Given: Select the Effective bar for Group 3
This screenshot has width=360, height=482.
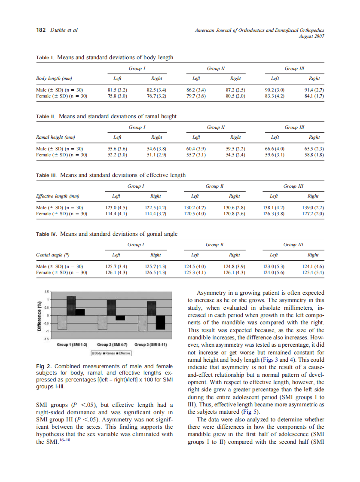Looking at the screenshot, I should pyautogui.click(x=160, y=323).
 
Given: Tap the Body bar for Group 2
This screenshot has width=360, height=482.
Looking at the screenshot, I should pyautogui.click(x=102, y=322).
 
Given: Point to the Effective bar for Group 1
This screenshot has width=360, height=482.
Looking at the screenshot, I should pyautogui.click(x=80, y=312).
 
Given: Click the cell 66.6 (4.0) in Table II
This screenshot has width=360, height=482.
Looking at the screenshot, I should pyautogui.click(x=274, y=149).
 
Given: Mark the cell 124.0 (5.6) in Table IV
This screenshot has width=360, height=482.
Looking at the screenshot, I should pyautogui.click(x=273, y=272).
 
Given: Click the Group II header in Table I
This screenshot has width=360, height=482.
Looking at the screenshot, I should pyautogui.click(x=216, y=68).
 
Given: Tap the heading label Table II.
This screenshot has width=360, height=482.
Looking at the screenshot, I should pyautogui.click(x=46, y=116).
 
